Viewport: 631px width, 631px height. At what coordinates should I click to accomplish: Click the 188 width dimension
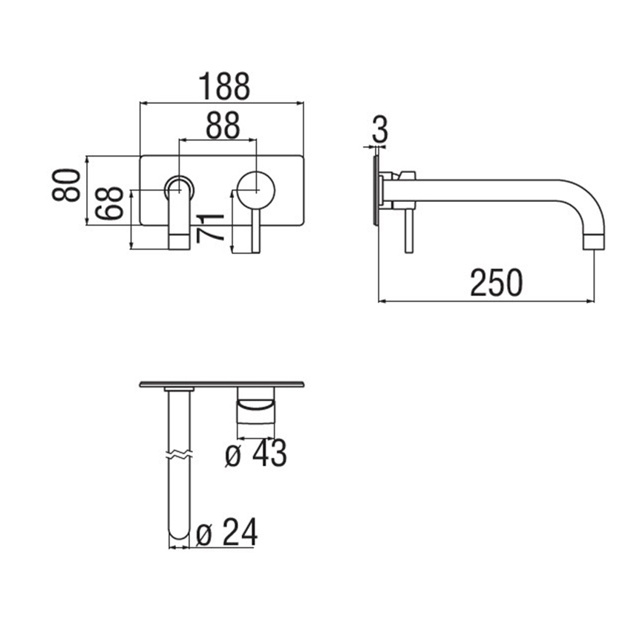point(223,87)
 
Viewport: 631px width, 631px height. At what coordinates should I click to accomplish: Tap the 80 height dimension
point(67,185)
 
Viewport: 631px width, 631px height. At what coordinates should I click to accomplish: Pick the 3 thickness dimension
point(379,131)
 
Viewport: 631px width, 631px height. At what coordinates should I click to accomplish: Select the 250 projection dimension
point(497,284)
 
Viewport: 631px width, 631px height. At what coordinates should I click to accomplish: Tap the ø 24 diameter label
point(227,532)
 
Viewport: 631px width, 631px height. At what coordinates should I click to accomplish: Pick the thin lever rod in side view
point(408,230)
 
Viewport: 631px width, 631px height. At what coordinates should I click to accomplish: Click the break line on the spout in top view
point(179,453)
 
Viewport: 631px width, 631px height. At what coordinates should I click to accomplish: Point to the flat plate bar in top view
point(222,385)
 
